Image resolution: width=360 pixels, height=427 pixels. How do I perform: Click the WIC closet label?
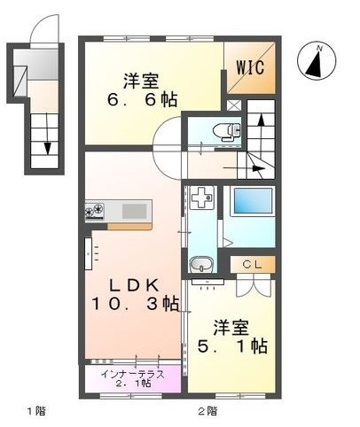click(249, 67)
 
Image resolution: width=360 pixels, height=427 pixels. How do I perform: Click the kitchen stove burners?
click(95, 211)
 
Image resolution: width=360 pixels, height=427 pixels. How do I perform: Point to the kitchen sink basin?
click(135, 211)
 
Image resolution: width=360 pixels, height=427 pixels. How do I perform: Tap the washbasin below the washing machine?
click(200, 264)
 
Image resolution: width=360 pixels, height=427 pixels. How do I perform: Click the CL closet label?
click(252, 264)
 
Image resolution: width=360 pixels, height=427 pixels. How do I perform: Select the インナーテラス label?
click(132, 373)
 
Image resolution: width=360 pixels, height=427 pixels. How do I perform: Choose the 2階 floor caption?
click(206, 410)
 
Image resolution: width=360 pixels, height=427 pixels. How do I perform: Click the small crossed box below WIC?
click(234, 105)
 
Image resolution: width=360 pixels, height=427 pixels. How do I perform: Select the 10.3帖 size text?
click(133, 304)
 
